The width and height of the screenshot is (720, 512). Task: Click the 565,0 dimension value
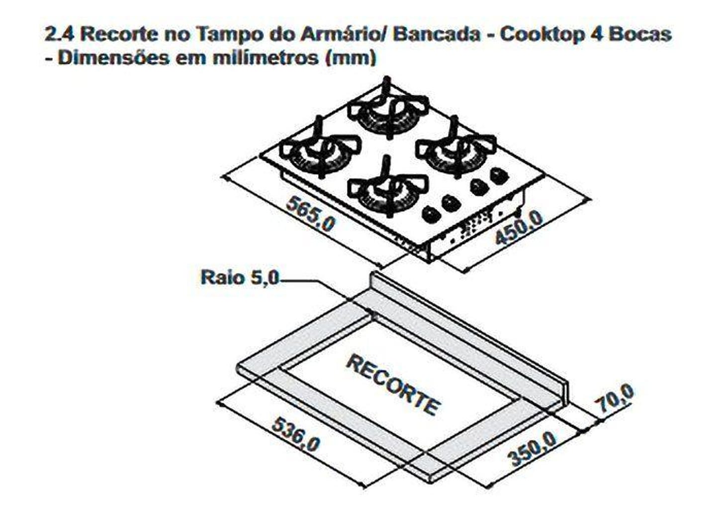coord(310,214)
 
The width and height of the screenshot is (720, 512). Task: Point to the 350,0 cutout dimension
coord(533,448)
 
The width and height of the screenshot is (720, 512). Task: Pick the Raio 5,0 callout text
coord(240,277)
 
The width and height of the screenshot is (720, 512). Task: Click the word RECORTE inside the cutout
coord(393,384)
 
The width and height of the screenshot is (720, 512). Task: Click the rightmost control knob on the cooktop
coord(499,175)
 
